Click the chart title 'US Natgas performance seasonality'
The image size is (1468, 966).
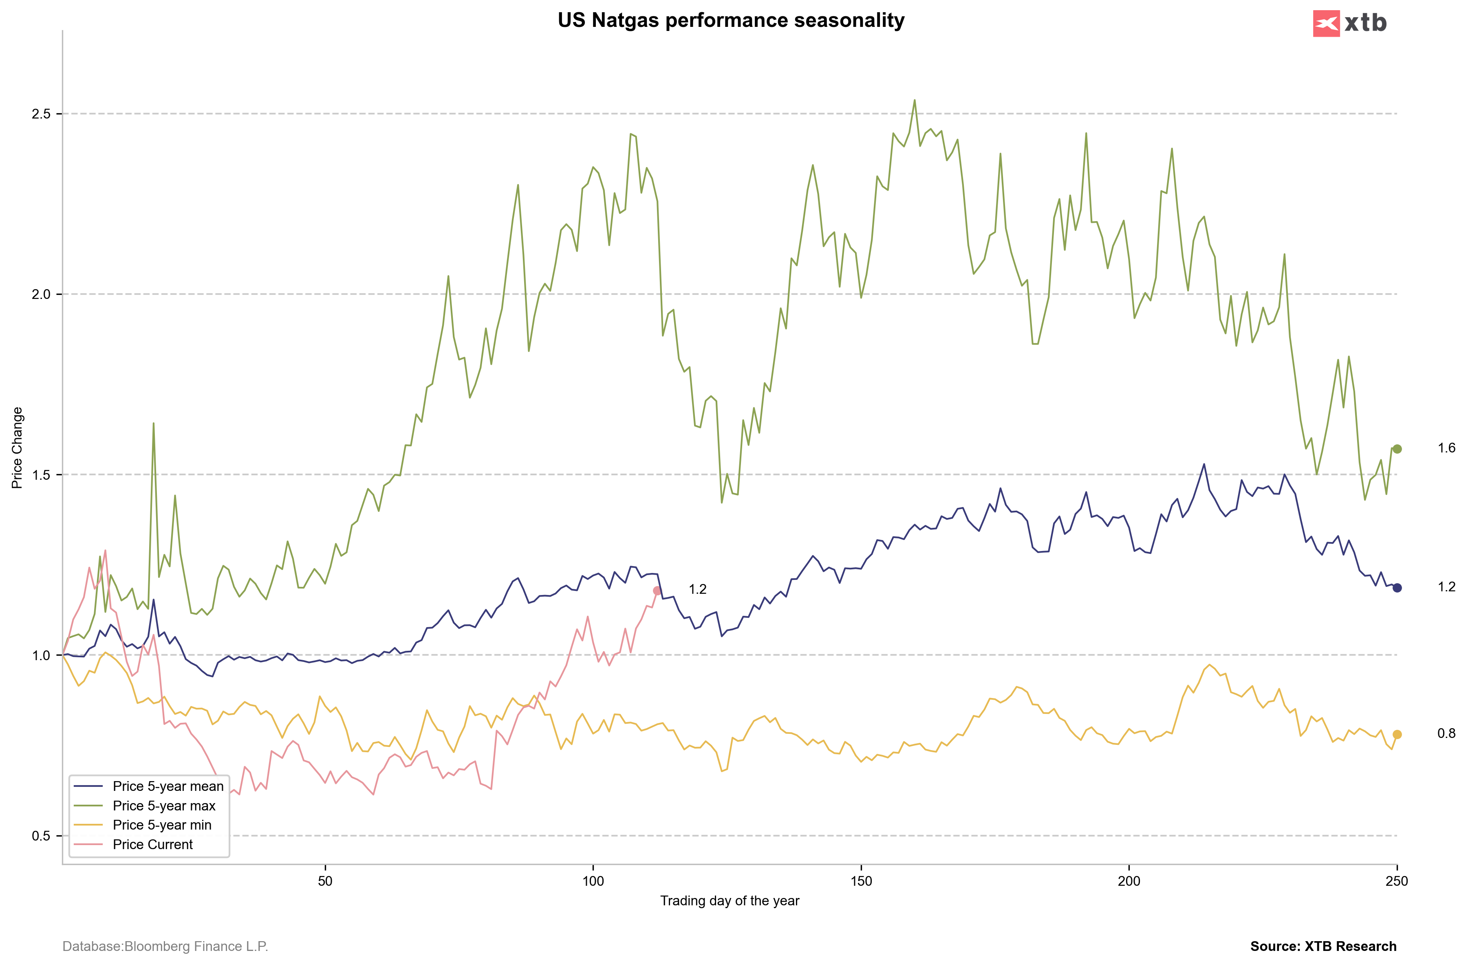[730, 20]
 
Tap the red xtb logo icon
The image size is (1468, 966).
[1326, 24]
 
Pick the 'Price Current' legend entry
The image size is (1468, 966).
[152, 845]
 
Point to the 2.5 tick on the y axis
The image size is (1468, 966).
[41, 114]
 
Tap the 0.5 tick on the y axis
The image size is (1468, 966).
[41, 836]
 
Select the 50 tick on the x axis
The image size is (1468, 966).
[325, 881]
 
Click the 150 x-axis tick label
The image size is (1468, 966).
[861, 881]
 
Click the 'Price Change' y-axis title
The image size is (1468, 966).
[17, 448]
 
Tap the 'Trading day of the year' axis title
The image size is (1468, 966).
[730, 901]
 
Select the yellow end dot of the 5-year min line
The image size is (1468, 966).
[1397, 734]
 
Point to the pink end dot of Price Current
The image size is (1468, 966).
[657, 591]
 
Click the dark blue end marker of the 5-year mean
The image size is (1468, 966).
[1397, 588]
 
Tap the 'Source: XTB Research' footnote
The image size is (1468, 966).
[1323, 946]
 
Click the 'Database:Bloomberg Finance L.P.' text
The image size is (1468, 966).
[165, 946]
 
